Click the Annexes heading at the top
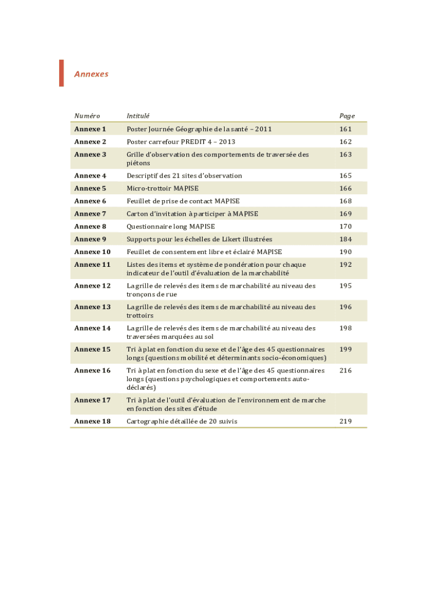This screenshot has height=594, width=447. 91,74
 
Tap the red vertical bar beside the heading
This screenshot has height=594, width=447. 62,73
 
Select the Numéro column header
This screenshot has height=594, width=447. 87,116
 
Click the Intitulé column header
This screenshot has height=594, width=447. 138,116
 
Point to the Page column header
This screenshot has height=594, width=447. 347,116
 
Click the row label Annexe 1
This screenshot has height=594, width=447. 90,129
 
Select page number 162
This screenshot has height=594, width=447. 346,142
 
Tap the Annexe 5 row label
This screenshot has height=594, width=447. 90,188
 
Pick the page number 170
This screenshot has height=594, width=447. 346,226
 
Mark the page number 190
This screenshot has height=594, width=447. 346,252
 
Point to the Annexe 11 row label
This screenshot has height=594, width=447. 92,265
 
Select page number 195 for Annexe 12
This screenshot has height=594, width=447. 346,285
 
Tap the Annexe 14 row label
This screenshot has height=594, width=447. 92,328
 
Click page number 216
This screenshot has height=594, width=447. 346,370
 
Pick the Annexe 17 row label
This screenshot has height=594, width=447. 92,400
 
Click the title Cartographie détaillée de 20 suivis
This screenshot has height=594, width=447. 182,421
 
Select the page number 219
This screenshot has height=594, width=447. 346,421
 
